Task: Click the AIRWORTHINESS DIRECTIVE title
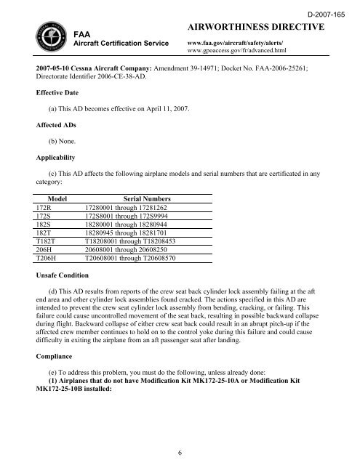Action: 255,27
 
